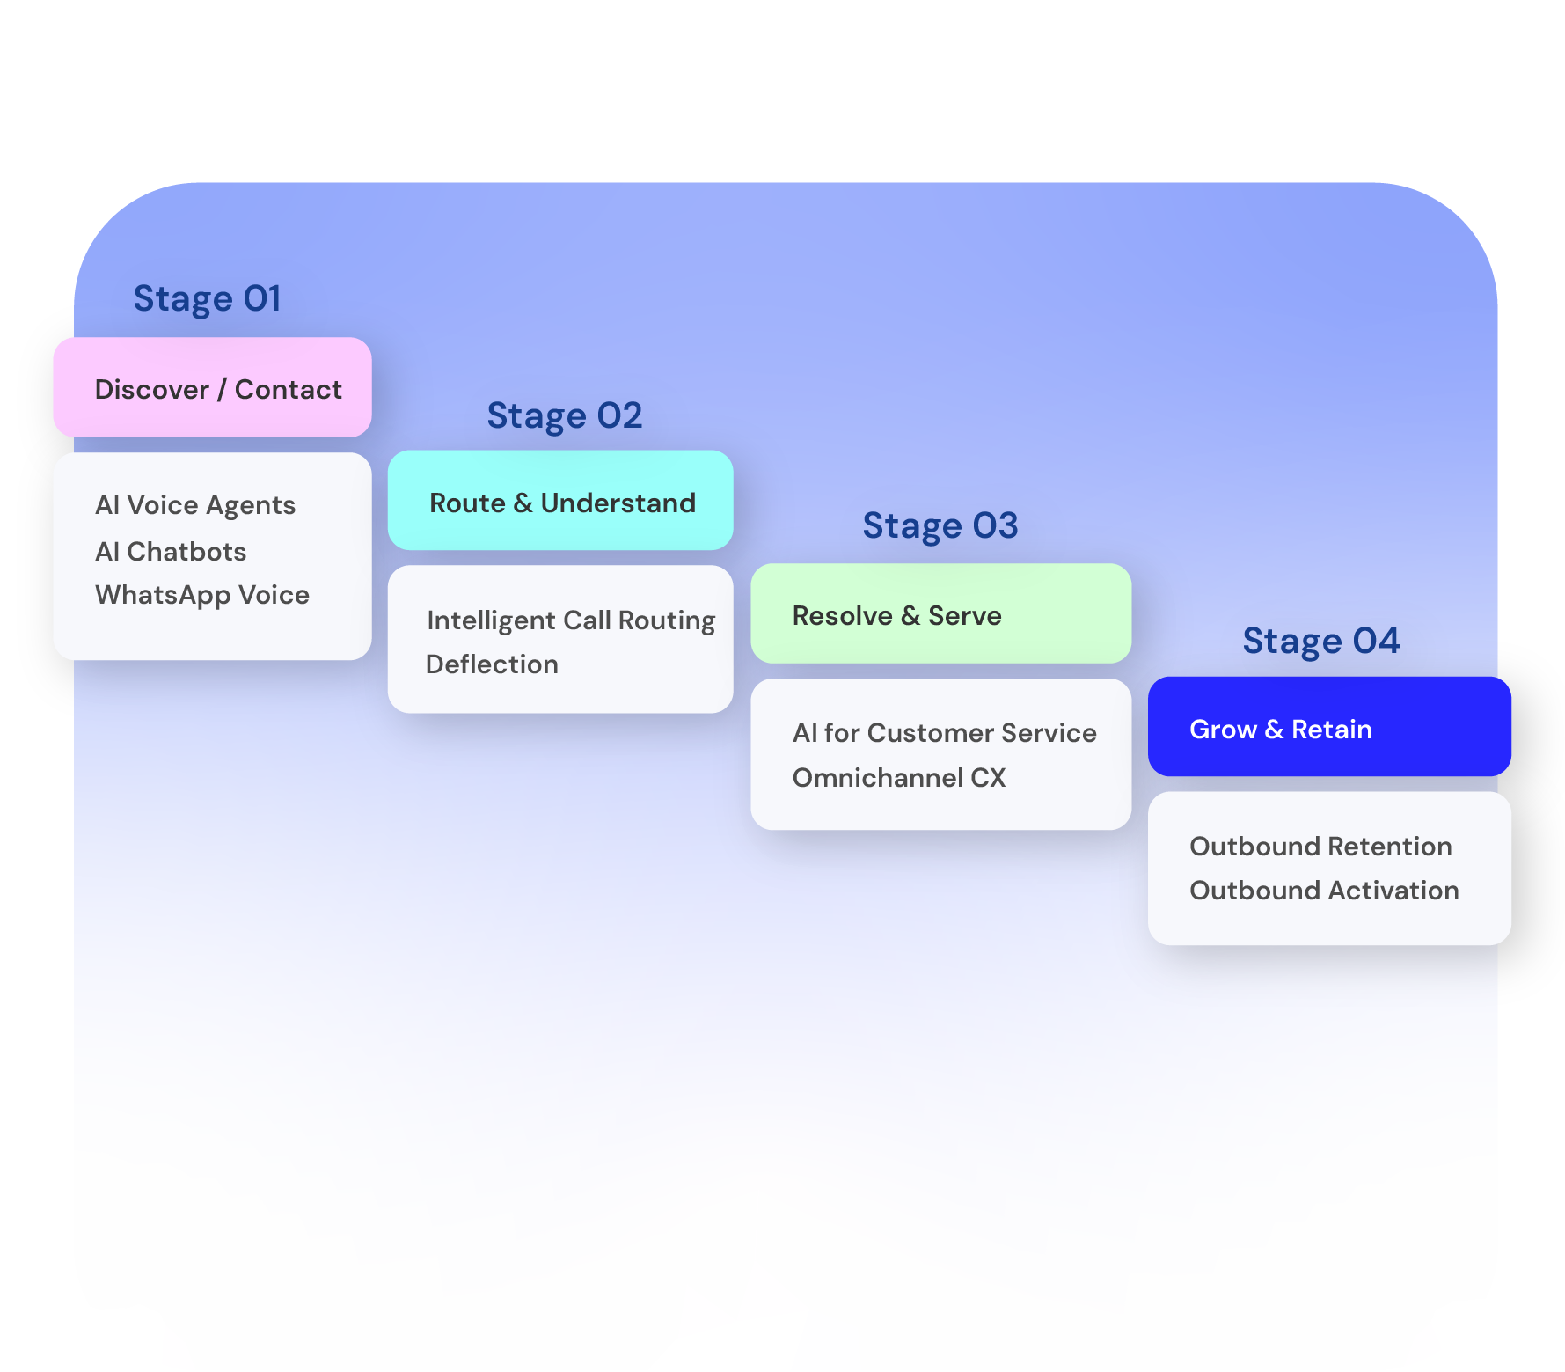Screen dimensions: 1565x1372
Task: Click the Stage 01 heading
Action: (207, 299)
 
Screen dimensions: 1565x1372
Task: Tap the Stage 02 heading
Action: (565, 416)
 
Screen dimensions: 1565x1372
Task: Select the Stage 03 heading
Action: (940, 526)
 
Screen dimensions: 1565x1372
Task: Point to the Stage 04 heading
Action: (1320, 642)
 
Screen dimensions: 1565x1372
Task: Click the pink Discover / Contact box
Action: (213, 387)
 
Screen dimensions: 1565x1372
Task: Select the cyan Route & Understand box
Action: (560, 501)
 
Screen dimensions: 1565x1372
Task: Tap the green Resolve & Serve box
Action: (941, 613)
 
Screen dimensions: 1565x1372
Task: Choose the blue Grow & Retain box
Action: (1330, 727)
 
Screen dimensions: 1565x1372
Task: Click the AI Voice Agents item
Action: (195, 506)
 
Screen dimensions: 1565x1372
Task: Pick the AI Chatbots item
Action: (171, 552)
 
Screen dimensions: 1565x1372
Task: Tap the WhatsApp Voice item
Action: (202, 596)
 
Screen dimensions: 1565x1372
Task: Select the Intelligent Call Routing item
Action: (571, 621)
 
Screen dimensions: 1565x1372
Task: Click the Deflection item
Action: (492, 664)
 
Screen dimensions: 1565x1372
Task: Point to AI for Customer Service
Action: (945, 733)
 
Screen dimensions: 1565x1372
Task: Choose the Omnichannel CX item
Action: (899, 778)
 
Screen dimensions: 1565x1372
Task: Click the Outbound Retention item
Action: (1321, 847)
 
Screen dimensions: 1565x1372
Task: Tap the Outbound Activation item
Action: (1325, 891)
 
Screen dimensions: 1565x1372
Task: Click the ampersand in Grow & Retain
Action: (1274, 730)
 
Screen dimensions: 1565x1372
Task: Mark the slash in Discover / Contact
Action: (222, 390)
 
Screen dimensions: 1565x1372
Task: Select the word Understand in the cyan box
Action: (618, 503)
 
